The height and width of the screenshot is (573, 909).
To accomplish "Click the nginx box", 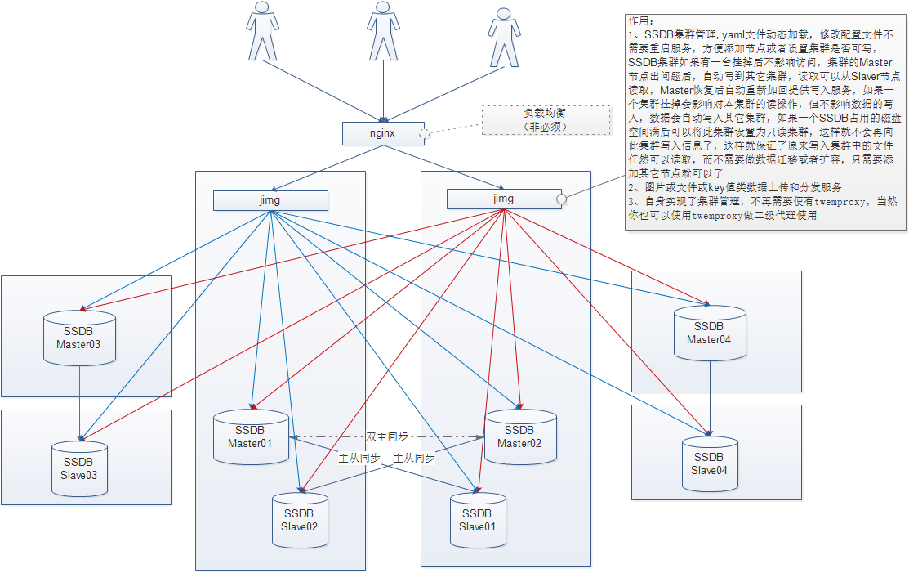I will pyautogui.click(x=383, y=133).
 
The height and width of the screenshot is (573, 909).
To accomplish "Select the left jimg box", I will pyautogui.click(x=270, y=200).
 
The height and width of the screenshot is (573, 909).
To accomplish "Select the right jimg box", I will pyautogui.click(x=503, y=199).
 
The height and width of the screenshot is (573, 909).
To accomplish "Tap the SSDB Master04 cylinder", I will pyautogui.click(x=710, y=334).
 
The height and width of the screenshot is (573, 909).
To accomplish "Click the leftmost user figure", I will pyautogui.click(x=262, y=33).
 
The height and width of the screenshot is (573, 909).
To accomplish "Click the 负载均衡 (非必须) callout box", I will pyautogui.click(x=545, y=120).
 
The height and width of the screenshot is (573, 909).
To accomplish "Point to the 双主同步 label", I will pyautogui.click(x=386, y=437).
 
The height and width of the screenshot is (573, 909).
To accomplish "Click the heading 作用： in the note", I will pyautogui.click(x=641, y=20).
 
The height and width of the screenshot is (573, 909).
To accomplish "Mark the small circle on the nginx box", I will pyautogui.click(x=424, y=133).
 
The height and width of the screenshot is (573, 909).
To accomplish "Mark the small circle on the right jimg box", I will pyautogui.click(x=561, y=199).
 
